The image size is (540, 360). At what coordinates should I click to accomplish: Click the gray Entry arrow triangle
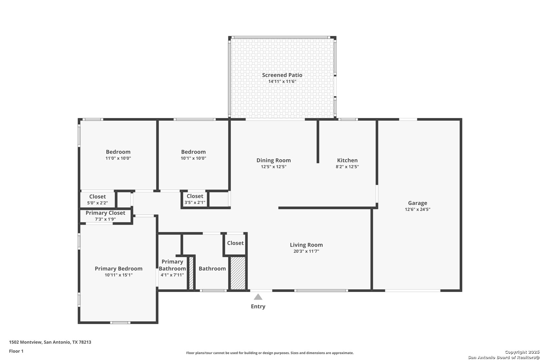tap(258, 297)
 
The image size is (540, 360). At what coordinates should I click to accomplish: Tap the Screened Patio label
tap(282, 75)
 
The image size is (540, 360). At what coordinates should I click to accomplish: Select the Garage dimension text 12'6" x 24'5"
tap(418, 209)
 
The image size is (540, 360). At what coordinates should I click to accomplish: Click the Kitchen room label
tap(347, 160)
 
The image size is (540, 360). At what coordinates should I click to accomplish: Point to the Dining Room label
tap(274, 160)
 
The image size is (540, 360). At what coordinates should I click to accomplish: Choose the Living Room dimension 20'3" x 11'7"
tap(306, 251)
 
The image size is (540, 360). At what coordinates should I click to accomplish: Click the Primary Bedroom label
tap(118, 269)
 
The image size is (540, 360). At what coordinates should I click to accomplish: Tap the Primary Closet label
tap(105, 213)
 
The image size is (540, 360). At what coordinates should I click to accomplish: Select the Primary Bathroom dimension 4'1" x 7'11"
tap(172, 275)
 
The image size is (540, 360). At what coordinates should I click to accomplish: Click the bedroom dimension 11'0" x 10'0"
tap(118, 158)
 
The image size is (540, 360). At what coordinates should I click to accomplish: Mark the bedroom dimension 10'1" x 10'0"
tap(193, 158)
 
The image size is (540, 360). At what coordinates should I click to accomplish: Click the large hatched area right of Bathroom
tap(238, 273)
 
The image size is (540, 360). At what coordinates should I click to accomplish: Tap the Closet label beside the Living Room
tap(235, 243)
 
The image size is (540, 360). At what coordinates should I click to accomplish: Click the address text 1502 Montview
tap(25, 342)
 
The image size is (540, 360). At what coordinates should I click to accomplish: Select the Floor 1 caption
tap(16, 351)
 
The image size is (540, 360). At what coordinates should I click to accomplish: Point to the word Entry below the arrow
tap(258, 306)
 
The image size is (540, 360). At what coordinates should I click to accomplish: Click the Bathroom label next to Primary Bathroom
tap(212, 269)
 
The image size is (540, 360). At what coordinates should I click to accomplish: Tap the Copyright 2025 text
tap(522, 352)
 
